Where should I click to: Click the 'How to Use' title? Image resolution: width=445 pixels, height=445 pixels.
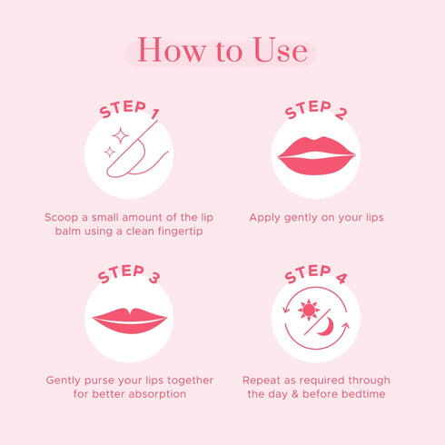[222, 51]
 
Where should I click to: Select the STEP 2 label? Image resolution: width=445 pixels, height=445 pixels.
[315, 112]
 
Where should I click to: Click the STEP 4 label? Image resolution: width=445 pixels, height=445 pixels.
[315, 274]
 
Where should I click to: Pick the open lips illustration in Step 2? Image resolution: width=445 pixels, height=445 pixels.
[315, 155]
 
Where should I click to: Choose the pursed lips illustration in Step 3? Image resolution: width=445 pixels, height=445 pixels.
[129, 321]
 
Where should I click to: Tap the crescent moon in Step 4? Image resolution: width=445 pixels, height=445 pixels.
[324, 327]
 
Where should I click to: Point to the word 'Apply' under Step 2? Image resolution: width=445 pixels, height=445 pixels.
[265, 218]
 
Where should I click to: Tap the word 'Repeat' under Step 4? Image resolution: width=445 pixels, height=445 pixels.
[263, 380]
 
